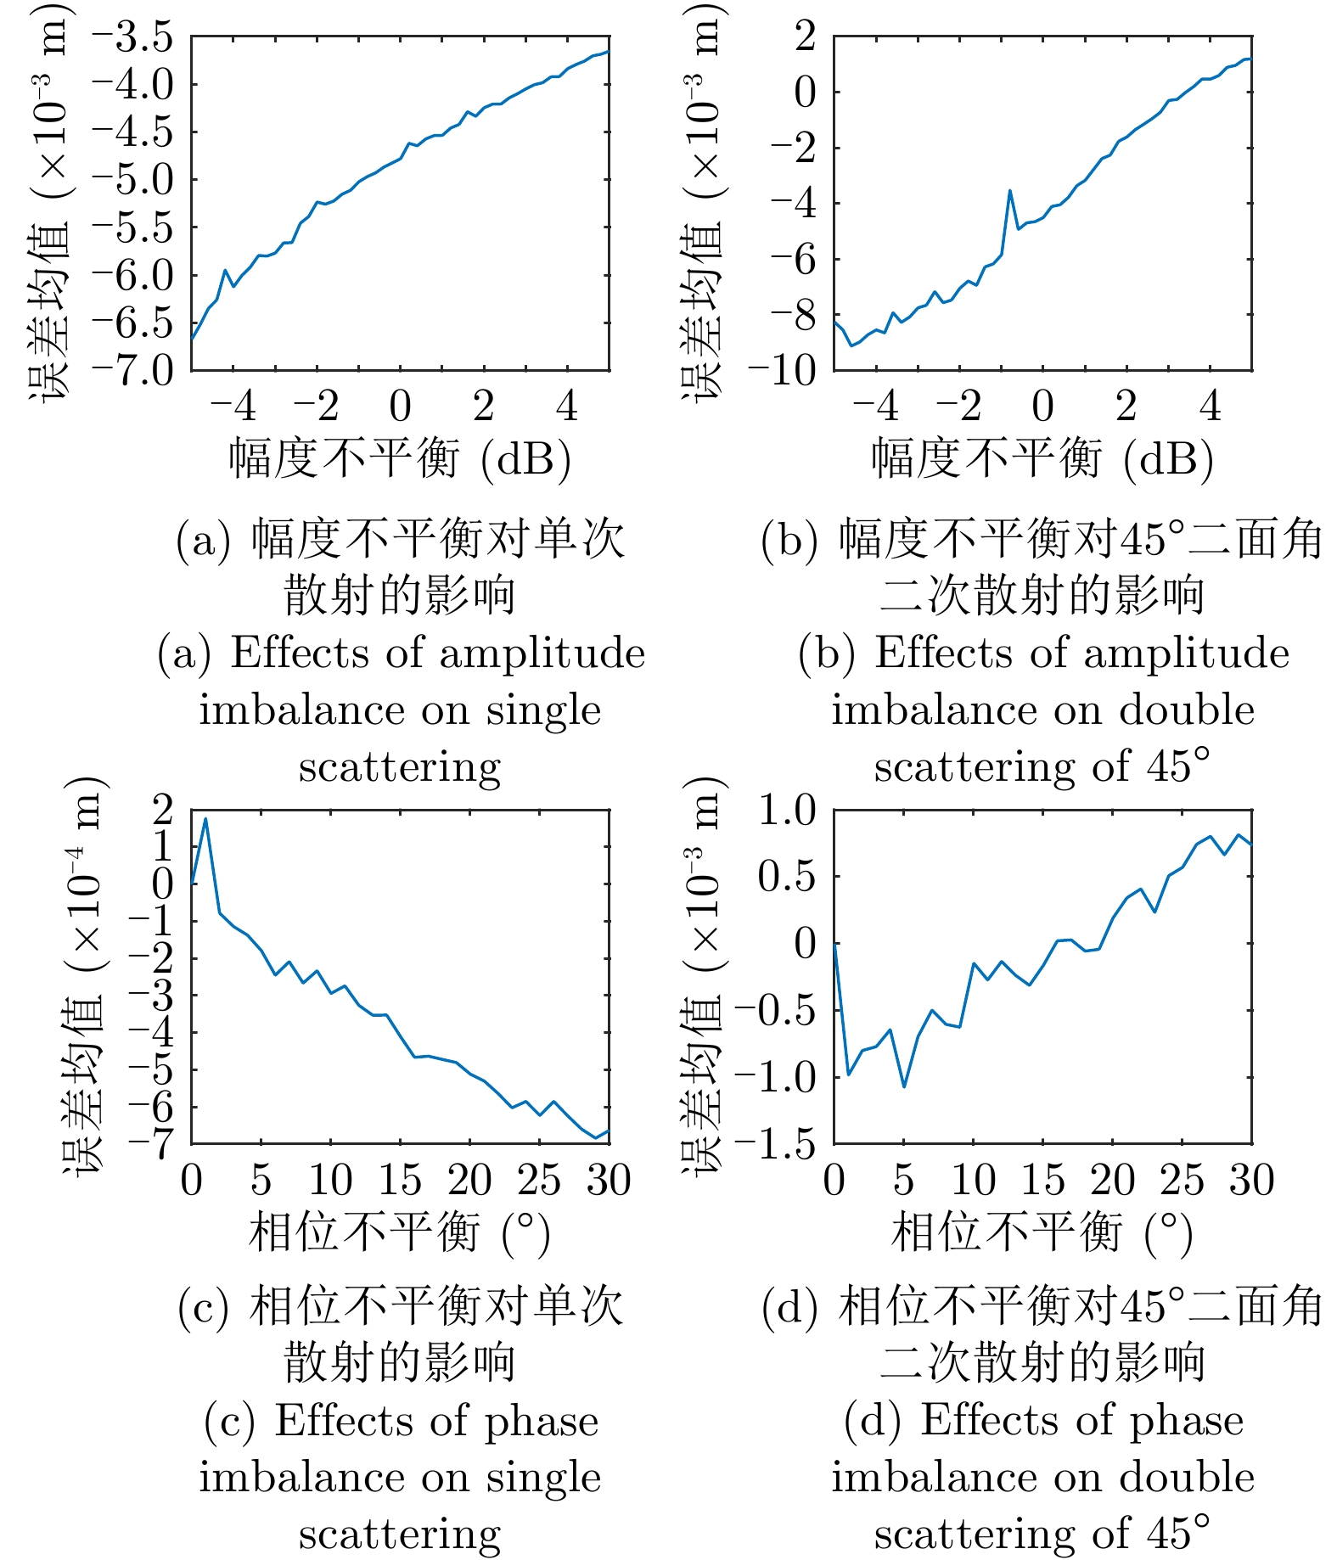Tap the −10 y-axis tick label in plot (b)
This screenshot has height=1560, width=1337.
782,370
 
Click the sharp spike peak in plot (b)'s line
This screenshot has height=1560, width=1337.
1009,191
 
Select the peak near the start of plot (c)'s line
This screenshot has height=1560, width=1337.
205,819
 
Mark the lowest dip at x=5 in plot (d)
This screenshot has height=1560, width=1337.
904,1086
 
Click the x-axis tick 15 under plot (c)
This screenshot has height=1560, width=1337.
399,1181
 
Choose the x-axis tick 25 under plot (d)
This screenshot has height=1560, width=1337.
1182,1181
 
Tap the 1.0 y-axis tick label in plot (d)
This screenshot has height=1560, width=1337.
787,811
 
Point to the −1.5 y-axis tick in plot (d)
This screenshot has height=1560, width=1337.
775,1144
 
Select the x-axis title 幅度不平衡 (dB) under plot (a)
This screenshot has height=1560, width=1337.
400,458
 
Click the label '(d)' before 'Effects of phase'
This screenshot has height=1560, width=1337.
872,1420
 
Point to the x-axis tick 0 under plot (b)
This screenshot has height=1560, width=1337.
1042,407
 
